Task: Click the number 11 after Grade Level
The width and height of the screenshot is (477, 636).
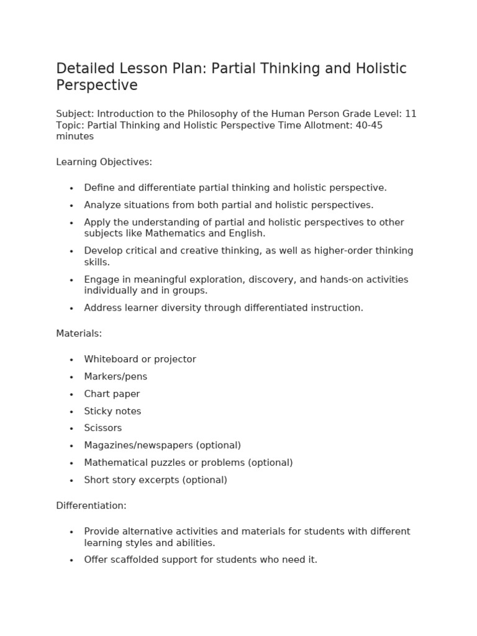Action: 411,114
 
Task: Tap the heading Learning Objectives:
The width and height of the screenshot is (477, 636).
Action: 104,162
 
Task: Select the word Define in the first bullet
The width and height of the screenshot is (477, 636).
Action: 99,188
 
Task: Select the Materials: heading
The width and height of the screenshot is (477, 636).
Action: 79,334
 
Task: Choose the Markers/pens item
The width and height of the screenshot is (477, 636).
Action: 116,376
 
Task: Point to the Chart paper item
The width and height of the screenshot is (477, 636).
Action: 112,394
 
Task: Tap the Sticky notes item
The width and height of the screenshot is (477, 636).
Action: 112,411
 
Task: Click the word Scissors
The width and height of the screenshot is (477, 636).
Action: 103,428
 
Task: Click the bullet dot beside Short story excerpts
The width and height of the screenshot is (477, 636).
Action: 71,481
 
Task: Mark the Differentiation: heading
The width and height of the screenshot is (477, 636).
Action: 91,506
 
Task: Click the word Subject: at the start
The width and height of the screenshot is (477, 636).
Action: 75,114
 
